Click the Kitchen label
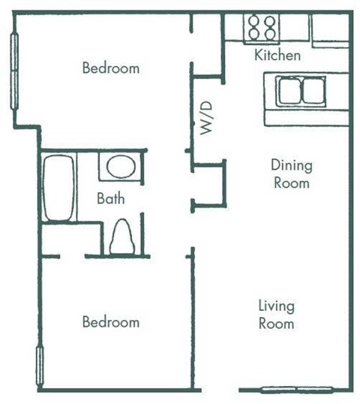pyautogui.click(x=277, y=55)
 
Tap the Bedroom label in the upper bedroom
pyautogui.click(x=110, y=68)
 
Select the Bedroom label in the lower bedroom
pyautogui.click(x=110, y=322)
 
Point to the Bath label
pyautogui.click(x=110, y=200)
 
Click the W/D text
pyautogui.click(x=208, y=118)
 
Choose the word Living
pyautogui.click(x=276, y=306)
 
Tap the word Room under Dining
pyautogui.click(x=291, y=182)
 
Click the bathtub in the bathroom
pyautogui.click(x=58, y=188)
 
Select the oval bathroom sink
pyautogui.click(x=121, y=166)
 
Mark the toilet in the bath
pyautogui.click(x=122, y=237)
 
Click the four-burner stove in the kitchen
pyautogui.click(x=262, y=28)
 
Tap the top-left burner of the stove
pyautogui.click(x=254, y=22)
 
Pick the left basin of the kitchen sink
pyautogui.click(x=289, y=92)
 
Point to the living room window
pyautogui.click(x=296, y=389)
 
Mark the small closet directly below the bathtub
pyautogui.click(x=69, y=240)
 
